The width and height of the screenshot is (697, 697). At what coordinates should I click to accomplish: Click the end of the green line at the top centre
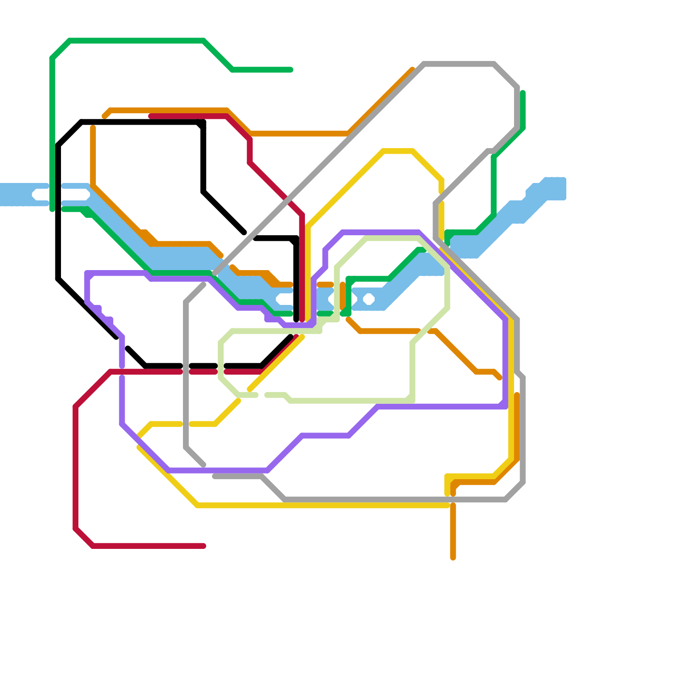pos(291,70)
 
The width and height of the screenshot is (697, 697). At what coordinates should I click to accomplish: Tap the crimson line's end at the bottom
pos(203,546)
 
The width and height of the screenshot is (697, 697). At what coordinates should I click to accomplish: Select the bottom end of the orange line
pos(453,558)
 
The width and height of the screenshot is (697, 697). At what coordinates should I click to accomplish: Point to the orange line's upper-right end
pos(412,69)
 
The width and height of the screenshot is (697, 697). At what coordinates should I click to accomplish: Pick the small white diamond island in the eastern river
pos(369,299)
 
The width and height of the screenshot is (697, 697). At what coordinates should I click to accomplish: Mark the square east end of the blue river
pos(556,188)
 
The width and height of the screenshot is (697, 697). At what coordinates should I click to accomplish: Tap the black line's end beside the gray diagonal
pos(244,232)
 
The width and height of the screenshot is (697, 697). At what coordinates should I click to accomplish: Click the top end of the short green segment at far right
pos(523,93)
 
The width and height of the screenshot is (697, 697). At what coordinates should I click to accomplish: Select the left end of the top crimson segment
pos(151,116)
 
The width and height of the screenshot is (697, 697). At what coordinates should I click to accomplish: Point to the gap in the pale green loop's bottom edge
pos(261,395)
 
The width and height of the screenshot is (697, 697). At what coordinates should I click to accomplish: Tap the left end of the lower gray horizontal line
pos(214,477)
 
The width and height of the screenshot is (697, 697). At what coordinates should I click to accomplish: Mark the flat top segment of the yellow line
pos(398,151)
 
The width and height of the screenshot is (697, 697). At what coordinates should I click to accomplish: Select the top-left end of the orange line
pos(105,116)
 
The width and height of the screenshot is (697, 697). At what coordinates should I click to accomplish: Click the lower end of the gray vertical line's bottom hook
pos(203,465)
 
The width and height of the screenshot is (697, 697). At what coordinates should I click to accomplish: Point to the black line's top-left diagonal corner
pos(70,133)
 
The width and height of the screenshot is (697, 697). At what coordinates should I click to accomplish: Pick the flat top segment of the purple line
pos(381,232)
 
